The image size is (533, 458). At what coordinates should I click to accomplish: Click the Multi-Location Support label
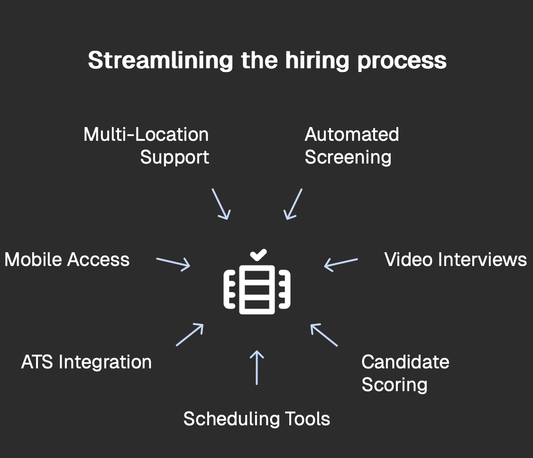coord(147,146)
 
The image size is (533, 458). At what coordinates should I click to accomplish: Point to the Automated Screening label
coord(351,146)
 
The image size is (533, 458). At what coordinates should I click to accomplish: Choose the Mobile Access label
coord(67,260)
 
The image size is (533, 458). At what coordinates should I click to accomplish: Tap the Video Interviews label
coord(455,260)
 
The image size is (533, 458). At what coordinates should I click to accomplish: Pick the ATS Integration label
coord(86,362)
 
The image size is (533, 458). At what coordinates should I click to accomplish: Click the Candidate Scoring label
coord(405,373)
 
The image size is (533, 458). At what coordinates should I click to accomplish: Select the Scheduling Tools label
coord(257,419)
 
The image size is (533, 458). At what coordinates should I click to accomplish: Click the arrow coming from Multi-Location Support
coord(221,204)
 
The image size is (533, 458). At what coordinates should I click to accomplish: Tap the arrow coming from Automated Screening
coord(293,204)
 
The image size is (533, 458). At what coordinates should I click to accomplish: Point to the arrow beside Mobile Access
coord(173,264)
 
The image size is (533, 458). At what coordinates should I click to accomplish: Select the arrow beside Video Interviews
coord(341,264)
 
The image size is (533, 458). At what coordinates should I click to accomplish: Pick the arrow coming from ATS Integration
coord(190,335)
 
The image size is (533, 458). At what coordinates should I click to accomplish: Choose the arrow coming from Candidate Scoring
coord(324,335)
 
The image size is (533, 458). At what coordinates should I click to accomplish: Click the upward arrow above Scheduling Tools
coord(257,367)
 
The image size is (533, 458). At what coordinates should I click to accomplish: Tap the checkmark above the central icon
coord(258,255)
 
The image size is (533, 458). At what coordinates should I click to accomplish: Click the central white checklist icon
coord(257,289)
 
